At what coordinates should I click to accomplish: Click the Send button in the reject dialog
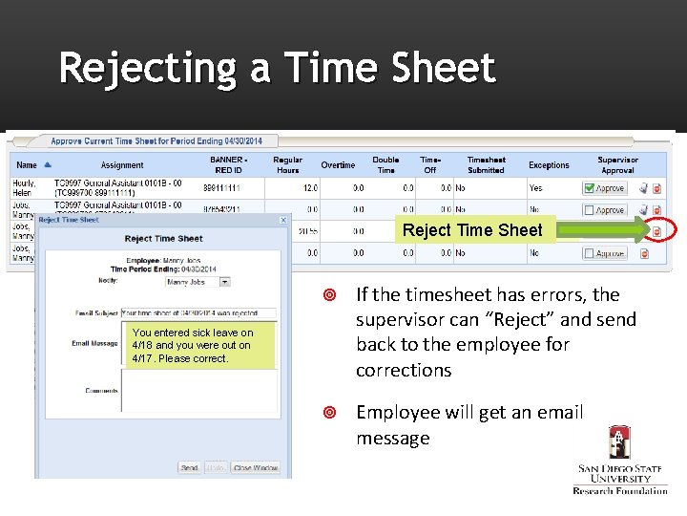click(189, 468)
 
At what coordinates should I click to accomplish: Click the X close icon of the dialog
click(282, 220)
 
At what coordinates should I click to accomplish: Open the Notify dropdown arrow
click(225, 282)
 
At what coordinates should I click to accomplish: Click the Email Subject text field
click(198, 313)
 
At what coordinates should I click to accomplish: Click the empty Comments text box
click(198, 392)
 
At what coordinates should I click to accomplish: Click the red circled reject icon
click(657, 231)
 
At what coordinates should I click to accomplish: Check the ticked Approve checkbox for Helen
click(589, 188)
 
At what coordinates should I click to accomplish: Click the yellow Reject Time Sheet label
click(472, 230)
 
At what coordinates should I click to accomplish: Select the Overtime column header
click(338, 165)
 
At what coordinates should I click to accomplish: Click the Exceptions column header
click(549, 165)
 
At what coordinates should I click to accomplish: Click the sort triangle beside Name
click(48, 164)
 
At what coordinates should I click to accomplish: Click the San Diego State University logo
click(620, 459)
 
